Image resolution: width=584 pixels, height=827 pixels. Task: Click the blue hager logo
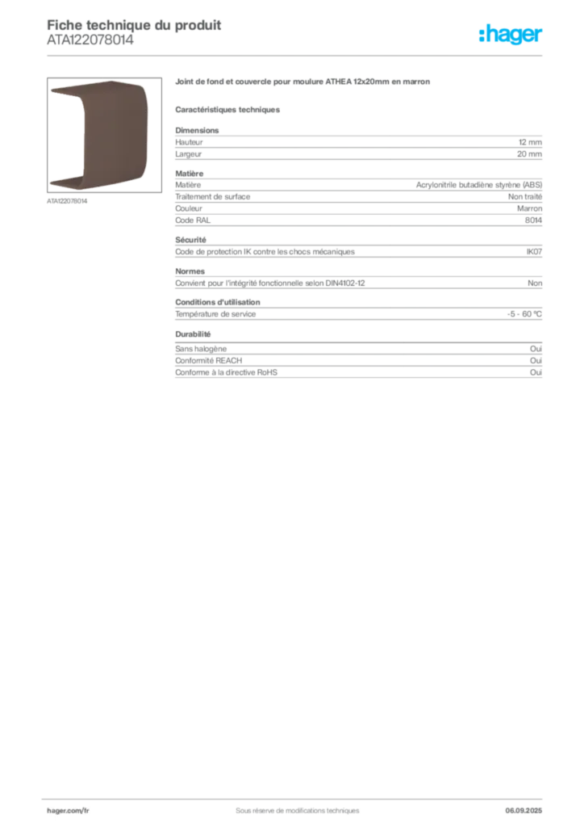coord(512,36)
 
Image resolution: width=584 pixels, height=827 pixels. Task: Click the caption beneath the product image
coord(67,201)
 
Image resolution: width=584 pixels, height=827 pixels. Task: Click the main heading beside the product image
coord(302,82)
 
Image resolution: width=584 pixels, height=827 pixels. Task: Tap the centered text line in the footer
coord(291,806)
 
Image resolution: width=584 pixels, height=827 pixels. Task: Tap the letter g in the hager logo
coord(511,37)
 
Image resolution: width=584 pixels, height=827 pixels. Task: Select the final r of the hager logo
coord(540,36)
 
